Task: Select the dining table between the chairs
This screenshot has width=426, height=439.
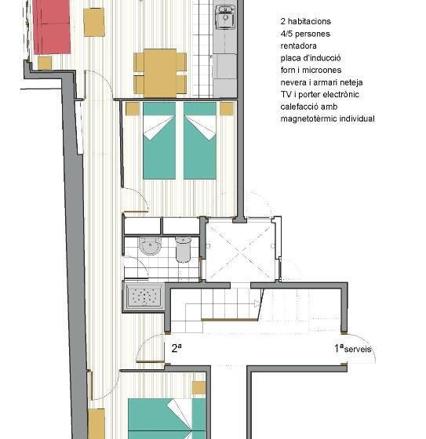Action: [160, 71]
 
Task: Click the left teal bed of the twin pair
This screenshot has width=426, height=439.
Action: [159, 140]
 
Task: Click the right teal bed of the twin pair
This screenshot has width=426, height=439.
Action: [200, 140]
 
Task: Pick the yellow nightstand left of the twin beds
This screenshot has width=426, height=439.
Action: [133, 108]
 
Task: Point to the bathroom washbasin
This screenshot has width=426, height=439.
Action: [150, 247]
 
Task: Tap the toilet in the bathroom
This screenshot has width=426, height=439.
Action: [184, 249]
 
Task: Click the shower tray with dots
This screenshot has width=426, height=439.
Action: [144, 296]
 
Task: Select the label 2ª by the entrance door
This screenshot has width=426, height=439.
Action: [177, 348]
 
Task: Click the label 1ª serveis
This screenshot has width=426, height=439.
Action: [353, 349]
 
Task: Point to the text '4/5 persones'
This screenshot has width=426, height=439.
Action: [306, 34]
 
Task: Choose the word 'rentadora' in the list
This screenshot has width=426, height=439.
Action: [299, 46]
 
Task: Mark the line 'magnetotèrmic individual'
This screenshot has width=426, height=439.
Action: [327, 119]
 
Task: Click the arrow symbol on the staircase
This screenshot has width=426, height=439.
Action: [256, 303]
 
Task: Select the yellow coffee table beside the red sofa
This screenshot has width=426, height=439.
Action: [94, 22]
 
